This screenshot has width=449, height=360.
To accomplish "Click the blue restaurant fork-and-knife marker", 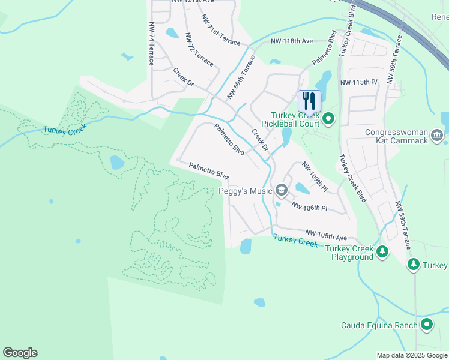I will coord(309,100).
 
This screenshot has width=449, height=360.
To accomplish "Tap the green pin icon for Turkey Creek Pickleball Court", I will coord(328,119).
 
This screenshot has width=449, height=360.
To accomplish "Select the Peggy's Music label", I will coord(245,191).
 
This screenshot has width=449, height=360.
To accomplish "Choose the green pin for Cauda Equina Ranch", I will coord(427,325).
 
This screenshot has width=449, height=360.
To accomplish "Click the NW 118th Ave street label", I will coord(292,41).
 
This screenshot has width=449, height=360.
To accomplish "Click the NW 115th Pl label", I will coord(358,82).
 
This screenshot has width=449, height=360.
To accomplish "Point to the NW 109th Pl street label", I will coord(315,176).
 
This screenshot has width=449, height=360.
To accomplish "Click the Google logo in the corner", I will coord(20,353).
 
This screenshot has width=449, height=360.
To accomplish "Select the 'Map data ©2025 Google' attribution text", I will coord(412,355).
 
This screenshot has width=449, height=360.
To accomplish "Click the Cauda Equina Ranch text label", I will coord(379,326).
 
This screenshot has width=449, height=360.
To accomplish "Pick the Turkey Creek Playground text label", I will coord(353,253).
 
